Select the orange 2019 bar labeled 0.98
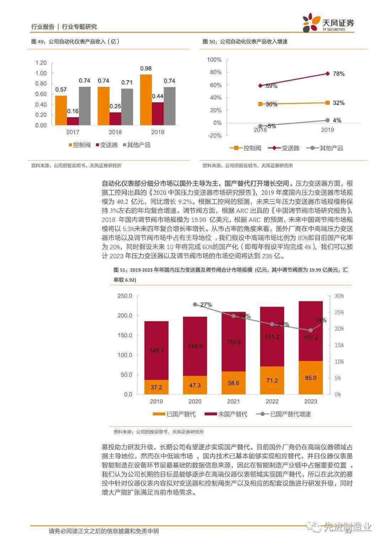point(146,100)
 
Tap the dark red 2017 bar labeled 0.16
point(73,121)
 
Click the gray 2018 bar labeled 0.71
point(127,107)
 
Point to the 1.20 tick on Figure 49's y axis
point(41,63)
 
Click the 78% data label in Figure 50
point(338,74)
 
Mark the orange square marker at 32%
point(327,103)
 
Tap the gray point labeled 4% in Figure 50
point(327,120)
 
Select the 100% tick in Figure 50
point(214,59)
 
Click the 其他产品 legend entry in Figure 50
point(327,148)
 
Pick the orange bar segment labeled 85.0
point(310,378)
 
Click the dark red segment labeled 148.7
point(156,351)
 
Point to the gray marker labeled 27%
point(195,305)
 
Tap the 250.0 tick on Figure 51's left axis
point(125,296)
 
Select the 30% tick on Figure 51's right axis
point(339,296)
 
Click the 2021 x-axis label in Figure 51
point(234,401)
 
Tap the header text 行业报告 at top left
point(43,27)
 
